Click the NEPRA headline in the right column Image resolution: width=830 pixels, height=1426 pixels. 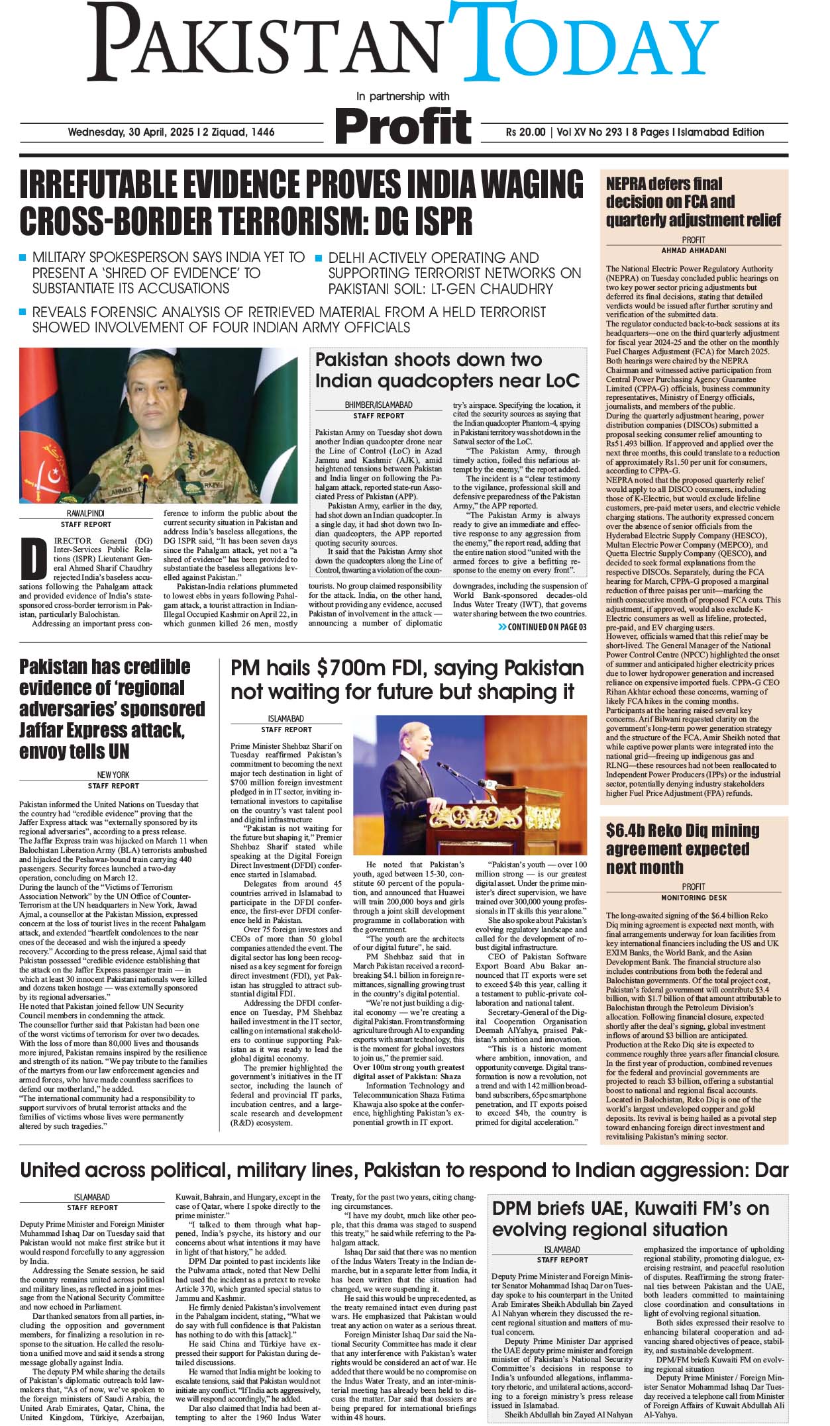coord(693,201)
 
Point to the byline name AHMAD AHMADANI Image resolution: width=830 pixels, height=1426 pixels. coord(694,251)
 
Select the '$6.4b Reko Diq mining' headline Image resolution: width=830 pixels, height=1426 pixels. coord(682,849)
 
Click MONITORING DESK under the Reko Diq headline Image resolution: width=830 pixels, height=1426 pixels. coord(694,898)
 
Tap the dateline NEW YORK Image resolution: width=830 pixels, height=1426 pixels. coord(113,775)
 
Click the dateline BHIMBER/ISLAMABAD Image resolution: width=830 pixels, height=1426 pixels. coord(378,405)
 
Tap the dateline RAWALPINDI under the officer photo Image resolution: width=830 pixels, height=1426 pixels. coord(85,514)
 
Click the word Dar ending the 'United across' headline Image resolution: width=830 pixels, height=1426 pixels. coord(771,1170)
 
